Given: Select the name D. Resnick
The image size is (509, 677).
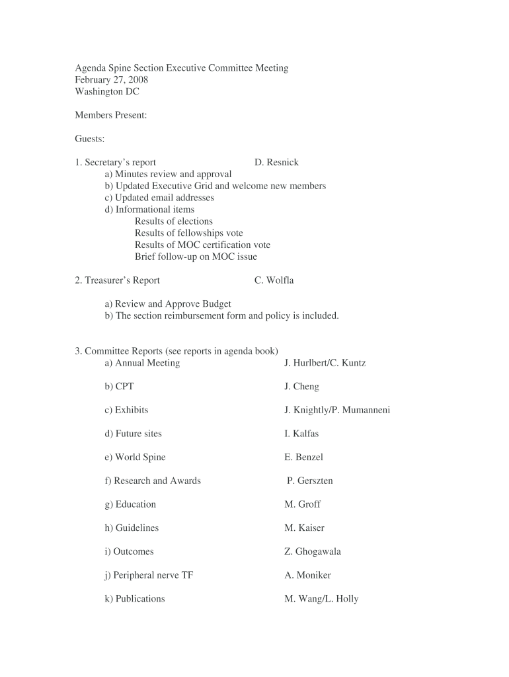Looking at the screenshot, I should point(276,163).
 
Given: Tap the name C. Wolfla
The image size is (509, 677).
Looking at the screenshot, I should point(274,280).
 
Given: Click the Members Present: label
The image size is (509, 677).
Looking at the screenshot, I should point(110,116).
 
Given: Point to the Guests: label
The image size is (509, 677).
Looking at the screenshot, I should point(90,139).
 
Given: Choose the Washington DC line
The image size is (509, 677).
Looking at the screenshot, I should point(107,92).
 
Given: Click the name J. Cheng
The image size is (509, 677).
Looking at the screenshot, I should point(301,387).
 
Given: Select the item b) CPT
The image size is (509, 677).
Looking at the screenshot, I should point(119,387).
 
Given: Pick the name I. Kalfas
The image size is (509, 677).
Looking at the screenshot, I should point(301,434).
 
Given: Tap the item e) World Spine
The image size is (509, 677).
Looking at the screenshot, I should point(135,458).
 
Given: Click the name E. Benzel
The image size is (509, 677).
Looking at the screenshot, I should point(303,458).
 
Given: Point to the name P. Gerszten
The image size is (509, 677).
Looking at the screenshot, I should point(309,481).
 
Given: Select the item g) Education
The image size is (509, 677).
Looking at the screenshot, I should point(130,504).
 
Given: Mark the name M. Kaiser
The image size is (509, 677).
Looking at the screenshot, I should point(304,528).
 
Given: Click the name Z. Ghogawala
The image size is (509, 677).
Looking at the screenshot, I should point(313,551).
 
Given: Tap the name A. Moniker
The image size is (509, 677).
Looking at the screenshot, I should point(307,575).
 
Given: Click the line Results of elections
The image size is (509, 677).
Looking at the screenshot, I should point(174,221).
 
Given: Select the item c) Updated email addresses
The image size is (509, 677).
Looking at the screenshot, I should point(159,198).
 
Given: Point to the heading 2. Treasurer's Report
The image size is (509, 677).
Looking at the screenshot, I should point(118,280).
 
